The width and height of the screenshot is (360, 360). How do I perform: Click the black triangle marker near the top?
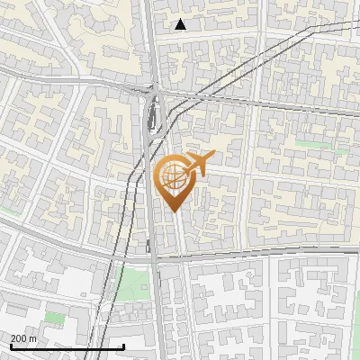181,24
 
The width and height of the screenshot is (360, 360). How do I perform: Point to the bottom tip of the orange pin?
173,211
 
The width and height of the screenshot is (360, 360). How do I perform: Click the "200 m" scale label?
23,338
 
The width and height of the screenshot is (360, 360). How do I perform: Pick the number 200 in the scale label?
19,338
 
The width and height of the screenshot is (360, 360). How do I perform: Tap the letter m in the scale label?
33,338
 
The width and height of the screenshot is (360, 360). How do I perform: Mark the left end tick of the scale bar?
10,346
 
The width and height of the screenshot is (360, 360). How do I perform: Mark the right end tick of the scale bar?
123,346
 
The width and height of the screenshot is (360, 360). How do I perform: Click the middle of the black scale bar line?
67,347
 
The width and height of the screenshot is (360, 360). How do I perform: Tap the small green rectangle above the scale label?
56,318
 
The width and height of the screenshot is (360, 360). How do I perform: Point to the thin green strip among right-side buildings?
310,143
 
